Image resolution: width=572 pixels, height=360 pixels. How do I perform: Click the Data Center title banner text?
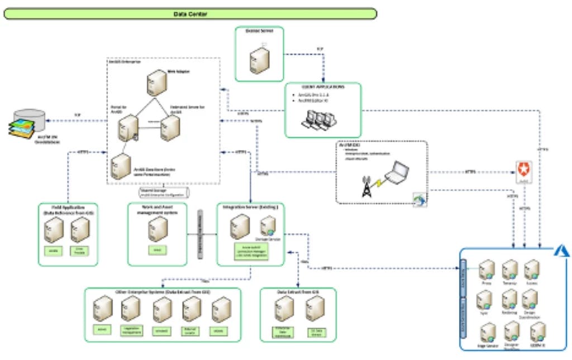point(190,13)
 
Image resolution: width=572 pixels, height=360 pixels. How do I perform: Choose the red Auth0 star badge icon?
point(524,170)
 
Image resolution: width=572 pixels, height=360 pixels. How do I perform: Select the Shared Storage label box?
point(164,193)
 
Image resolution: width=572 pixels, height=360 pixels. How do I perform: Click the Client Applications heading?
point(323,88)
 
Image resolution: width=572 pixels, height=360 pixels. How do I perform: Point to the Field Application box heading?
point(68,210)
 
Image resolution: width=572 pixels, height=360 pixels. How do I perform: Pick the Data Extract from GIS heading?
point(298,292)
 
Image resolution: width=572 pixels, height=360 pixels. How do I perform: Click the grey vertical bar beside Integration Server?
point(200,234)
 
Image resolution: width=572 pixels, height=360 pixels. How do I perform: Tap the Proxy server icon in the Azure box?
point(486,270)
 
